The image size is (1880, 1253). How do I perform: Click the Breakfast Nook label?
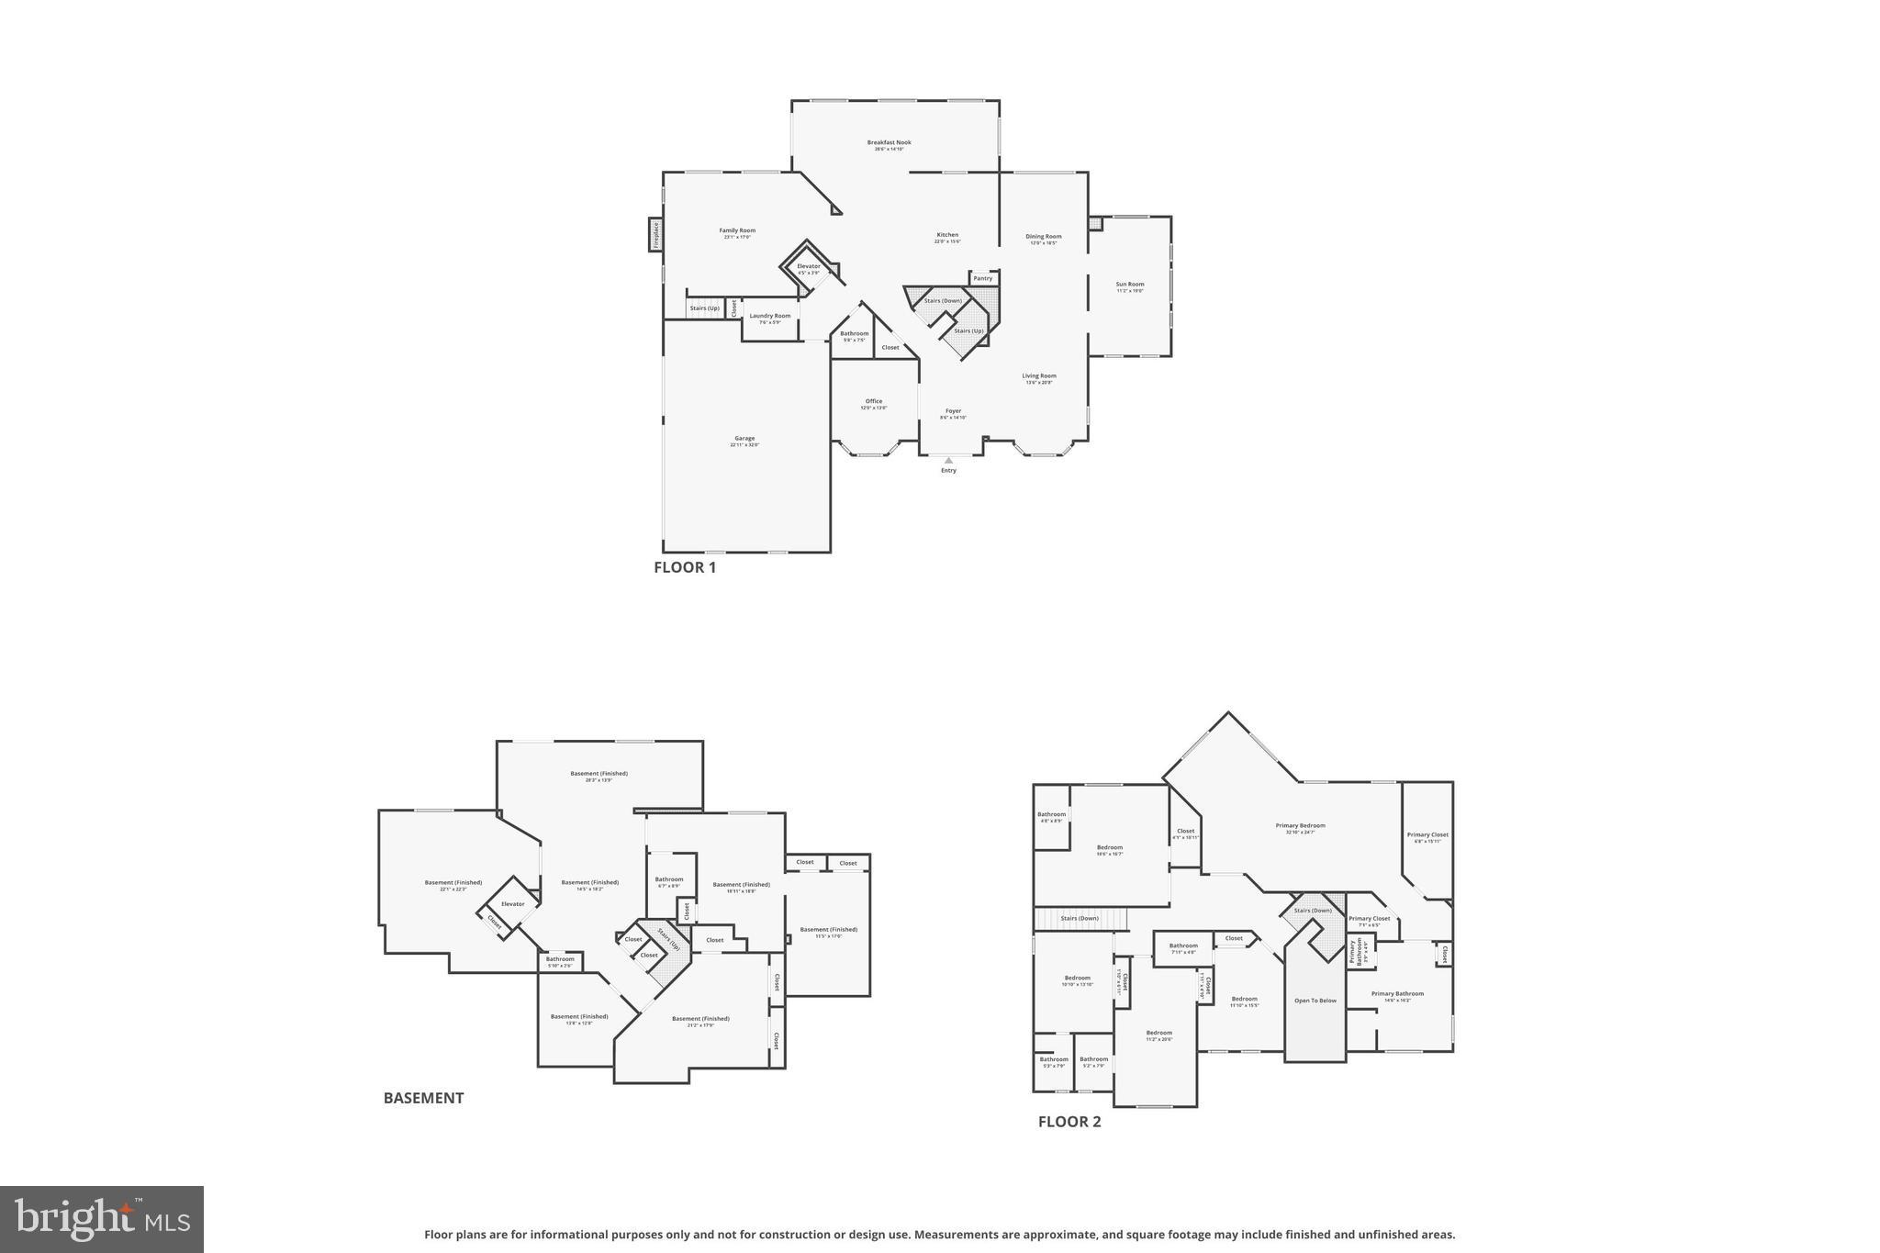click(889, 143)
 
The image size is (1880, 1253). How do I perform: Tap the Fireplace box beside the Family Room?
click(655, 234)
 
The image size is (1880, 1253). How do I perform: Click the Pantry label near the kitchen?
click(982, 278)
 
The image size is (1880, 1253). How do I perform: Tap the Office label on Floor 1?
click(873, 402)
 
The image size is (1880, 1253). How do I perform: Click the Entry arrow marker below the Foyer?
click(948, 461)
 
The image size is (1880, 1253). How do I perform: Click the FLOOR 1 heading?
click(684, 567)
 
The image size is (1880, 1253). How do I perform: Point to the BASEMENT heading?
click(423, 1098)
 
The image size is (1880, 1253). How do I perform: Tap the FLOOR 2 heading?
click(1069, 1122)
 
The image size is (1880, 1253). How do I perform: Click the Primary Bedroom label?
click(1300, 826)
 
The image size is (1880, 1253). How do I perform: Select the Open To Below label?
click(1315, 1001)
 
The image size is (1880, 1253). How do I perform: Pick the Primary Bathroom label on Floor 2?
click(1397, 994)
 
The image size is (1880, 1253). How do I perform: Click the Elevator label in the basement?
click(512, 904)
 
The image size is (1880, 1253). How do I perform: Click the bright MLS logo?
click(102, 1219)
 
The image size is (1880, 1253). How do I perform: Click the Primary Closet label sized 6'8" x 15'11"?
click(1427, 835)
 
